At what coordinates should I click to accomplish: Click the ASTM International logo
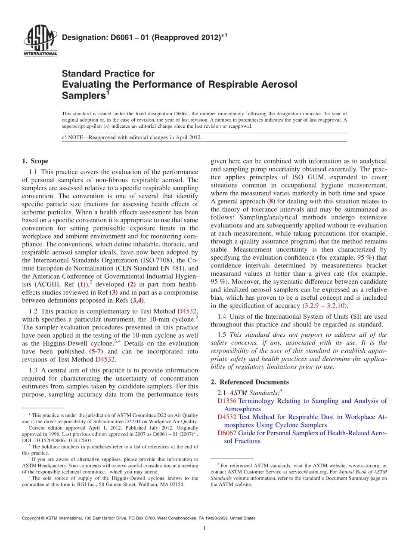click(40, 42)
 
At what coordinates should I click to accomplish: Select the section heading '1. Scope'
click(35, 161)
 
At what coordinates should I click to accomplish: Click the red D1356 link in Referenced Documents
click(227, 401)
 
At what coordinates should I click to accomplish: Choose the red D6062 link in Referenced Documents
click(227, 433)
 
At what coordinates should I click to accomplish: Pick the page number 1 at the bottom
click(204, 528)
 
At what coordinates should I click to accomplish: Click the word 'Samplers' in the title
click(84, 95)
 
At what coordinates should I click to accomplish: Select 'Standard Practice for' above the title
click(108, 74)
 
